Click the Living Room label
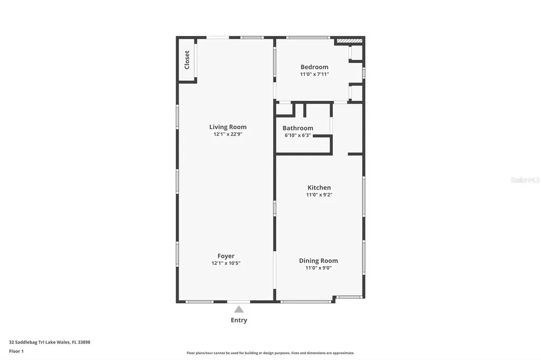pyautogui.click(x=228, y=127)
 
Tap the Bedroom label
pyautogui.click(x=314, y=67)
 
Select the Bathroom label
pyautogui.click(x=297, y=128)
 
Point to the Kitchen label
pyautogui.click(x=319, y=187)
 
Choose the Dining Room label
pyautogui.click(x=318, y=261)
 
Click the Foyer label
pyautogui.click(x=226, y=256)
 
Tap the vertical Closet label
pyautogui.click(x=187, y=60)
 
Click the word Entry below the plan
pyautogui.click(x=239, y=320)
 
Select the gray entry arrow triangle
pyautogui.click(x=239, y=309)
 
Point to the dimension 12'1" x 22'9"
pyautogui.click(x=228, y=135)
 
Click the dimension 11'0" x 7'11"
pyautogui.click(x=314, y=74)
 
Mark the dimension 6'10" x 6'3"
pyautogui.click(x=297, y=136)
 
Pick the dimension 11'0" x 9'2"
pyautogui.click(x=319, y=195)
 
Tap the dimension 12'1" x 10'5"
pyautogui.click(x=226, y=263)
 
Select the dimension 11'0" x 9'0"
pyautogui.click(x=318, y=268)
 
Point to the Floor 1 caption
pyautogui.click(x=16, y=351)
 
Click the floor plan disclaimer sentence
pyautogui.click(x=270, y=353)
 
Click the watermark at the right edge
pyautogui.click(x=525, y=180)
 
